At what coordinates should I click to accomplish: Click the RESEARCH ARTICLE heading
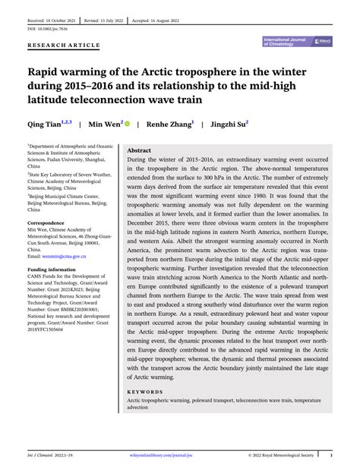click(x=64, y=45)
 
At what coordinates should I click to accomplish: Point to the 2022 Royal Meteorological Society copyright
click(x=279, y=457)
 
